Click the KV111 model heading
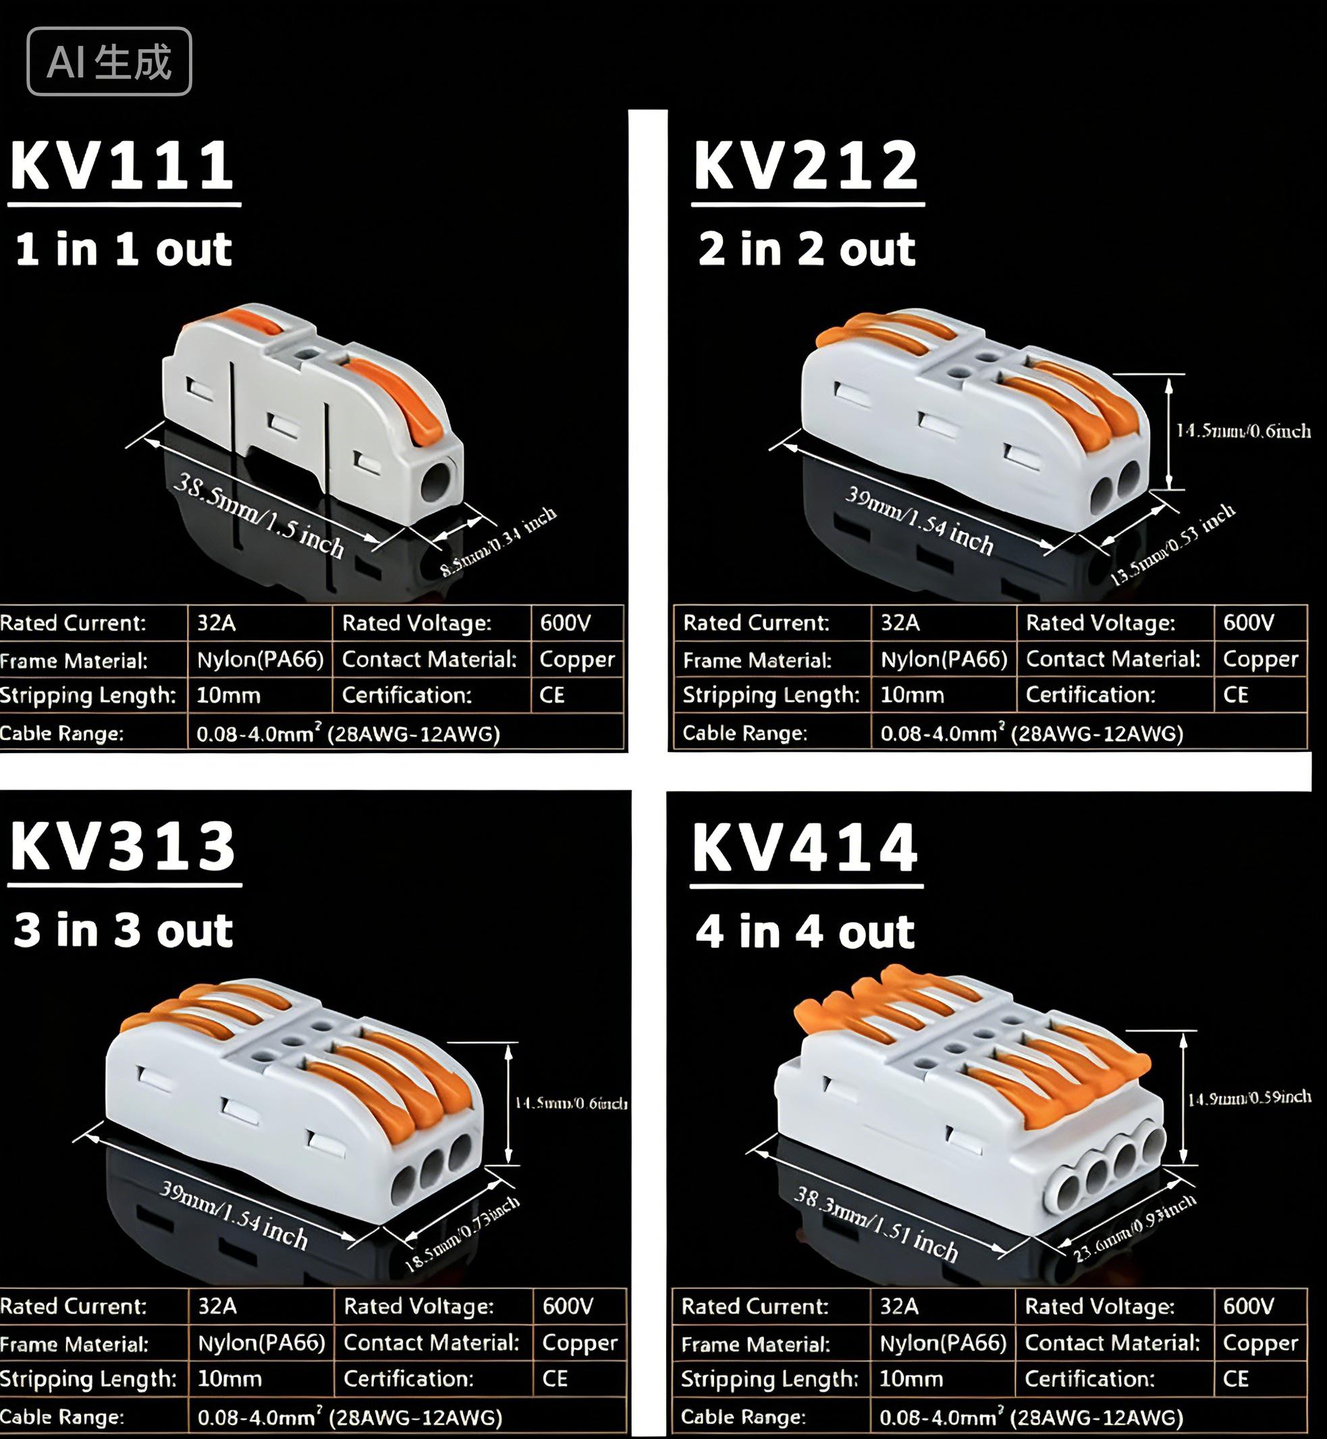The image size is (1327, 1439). coord(122,166)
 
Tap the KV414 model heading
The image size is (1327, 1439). coord(805,848)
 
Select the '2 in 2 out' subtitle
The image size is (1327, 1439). coord(807,249)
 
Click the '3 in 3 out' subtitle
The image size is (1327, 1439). coord(123,930)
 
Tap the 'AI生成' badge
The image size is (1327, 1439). coord(109,61)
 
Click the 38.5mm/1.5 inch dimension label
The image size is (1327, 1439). coord(259,515)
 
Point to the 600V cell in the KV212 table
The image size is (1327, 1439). coord(1249,622)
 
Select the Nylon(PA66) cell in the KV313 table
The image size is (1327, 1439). coord(261,1342)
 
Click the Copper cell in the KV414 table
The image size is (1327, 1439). coord(1260,1342)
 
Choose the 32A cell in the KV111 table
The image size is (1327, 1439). coord(217,622)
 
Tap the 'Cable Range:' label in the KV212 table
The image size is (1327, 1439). coord(744,733)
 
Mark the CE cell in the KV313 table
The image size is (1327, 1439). coord(555,1379)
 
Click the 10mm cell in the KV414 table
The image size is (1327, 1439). coord(911,1379)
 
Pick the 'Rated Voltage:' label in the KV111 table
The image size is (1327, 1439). coord(416,622)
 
